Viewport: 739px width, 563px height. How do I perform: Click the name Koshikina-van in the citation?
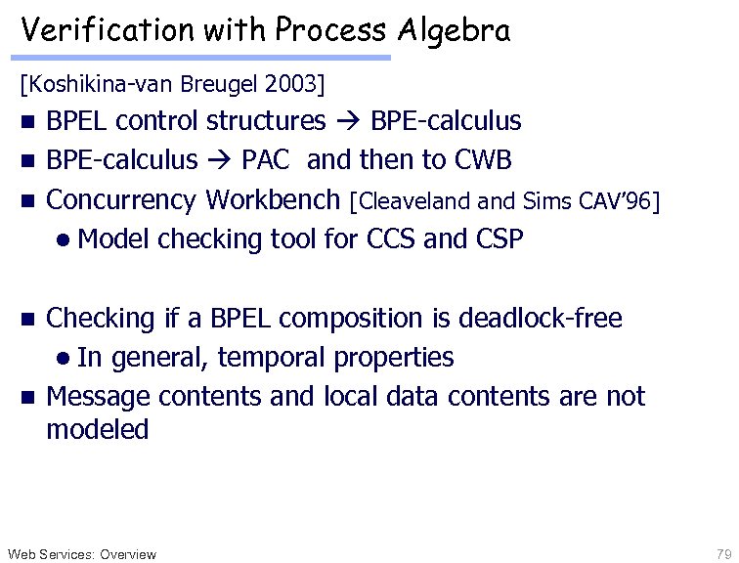point(97,84)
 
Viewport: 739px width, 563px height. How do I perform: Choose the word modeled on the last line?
point(97,429)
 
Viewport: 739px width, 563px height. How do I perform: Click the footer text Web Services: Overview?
point(80,554)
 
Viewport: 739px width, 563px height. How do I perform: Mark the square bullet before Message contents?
point(27,398)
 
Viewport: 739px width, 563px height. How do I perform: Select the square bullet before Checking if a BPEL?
point(27,319)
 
